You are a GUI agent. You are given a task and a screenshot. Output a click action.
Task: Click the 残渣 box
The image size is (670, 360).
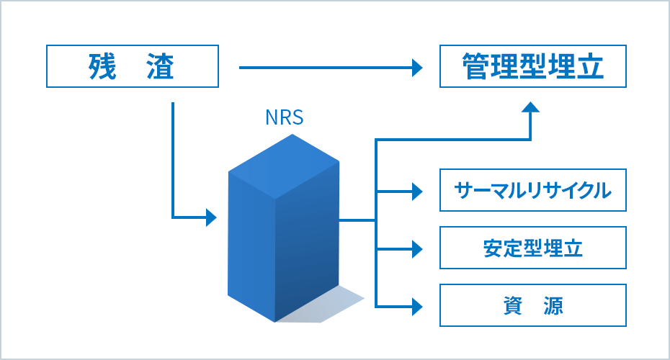[x=133, y=67]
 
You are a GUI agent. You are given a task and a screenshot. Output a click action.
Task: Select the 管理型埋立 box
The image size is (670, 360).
[x=533, y=67]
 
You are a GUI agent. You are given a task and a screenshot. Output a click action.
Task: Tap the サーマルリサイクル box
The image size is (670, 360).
[x=533, y=191]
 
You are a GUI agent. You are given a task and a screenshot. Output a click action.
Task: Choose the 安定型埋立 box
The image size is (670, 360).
[x=533, y=248]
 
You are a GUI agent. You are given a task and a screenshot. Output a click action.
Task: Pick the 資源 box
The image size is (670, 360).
[x=533, y=306]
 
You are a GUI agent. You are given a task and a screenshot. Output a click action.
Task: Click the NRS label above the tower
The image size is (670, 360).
[x=285, y=117]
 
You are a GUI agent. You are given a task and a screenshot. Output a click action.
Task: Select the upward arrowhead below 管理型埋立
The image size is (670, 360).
[x=531, y=107]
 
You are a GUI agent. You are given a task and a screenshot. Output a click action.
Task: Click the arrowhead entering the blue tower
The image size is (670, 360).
[x=211, y=217]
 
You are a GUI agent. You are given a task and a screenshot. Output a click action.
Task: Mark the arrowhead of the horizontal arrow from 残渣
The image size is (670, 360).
[x=416, y=68]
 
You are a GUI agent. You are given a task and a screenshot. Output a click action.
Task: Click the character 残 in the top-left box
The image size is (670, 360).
[x=100, y=67]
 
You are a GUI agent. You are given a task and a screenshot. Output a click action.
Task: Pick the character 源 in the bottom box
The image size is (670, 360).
[x=553, y=306]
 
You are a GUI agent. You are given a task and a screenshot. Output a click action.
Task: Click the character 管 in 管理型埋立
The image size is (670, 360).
[x=475, y=67]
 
